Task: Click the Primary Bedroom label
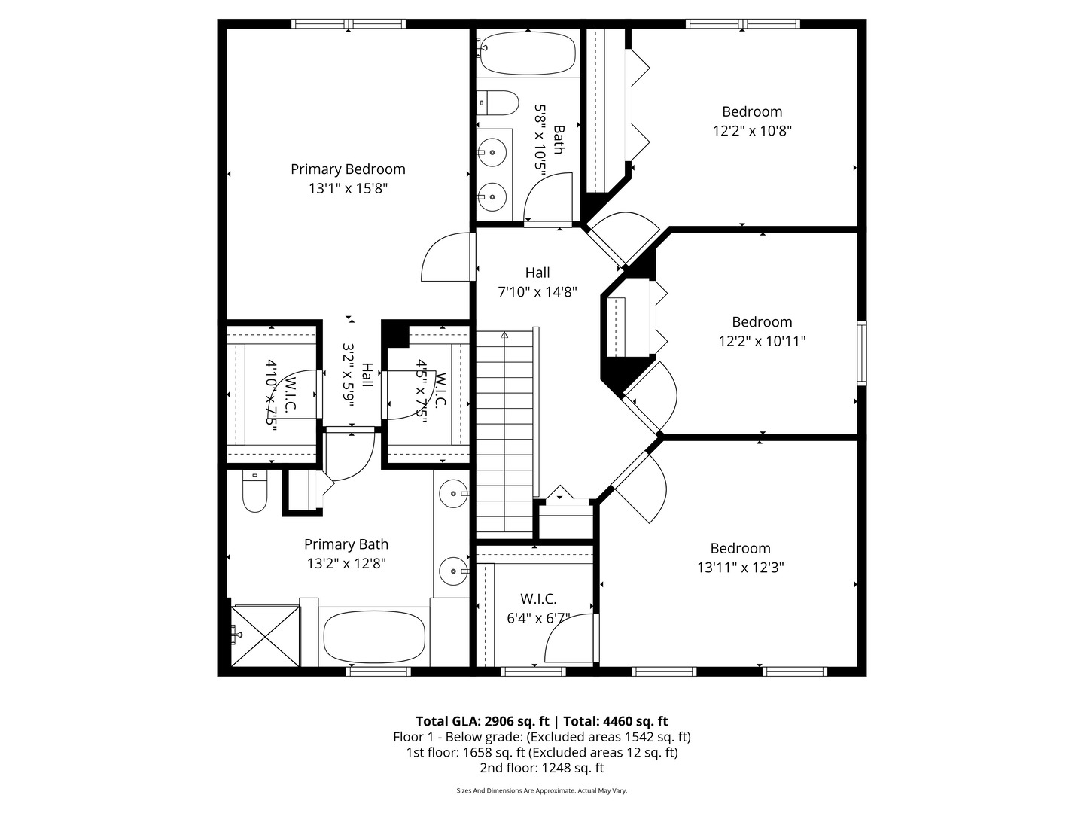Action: point(348,169)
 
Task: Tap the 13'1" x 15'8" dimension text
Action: point(348,188)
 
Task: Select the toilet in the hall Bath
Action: point(498,102)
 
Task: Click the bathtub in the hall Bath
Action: point(528,53)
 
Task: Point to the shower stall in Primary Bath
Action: point(266,635)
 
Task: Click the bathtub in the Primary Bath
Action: point(373,637)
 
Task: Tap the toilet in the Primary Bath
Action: point(255,491)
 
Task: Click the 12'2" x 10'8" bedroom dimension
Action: point(752,130)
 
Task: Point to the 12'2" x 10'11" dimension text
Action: point(762,341)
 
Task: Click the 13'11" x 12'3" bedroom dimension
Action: point(740,568)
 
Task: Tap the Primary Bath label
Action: point(346,544)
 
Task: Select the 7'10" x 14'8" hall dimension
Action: point(537,292)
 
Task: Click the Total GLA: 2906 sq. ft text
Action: point(482,721)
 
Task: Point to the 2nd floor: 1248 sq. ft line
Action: point(541,768)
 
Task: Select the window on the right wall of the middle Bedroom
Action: point(862,353)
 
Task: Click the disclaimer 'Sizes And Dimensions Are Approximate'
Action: point(541,790)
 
